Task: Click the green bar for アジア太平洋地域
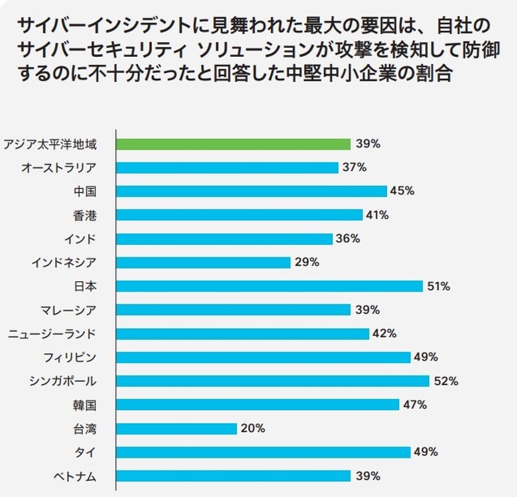pyautogui.click(x=233, y=144)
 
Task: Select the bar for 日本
pyautogui.click(x=269, y=286)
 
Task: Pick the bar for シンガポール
pyautogui.click(x=273, y=381)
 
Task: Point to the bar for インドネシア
pyautogui.click(x=204, y=262)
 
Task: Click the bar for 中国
pyautogui.click(x=251, y=191)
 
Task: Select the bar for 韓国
pyautogui.click(x=258, y=405)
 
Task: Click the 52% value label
pyautogui.click(x=446, y=381)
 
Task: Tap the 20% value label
pyautogui.click(x=253, y=428)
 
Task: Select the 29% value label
pyautogui.click(x=307, y=262)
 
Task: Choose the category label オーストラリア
pyautogui.click(x=59, y=168)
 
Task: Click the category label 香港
pyautogui.click(x=85, y=215)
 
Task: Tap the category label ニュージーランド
pyautogui.click(x=52, y=334)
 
